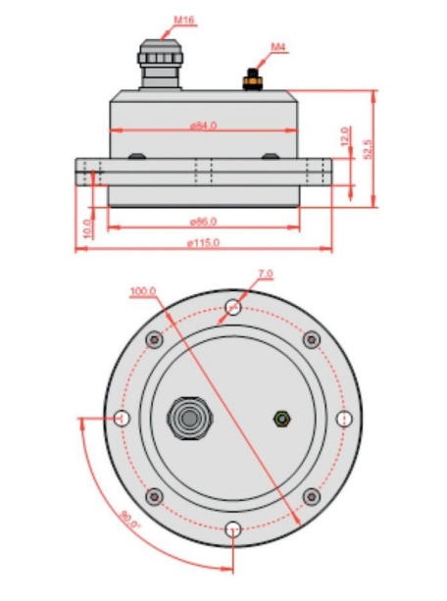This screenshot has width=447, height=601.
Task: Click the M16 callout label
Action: [x=184, y=20]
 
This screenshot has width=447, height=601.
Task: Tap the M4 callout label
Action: [x=278, y=47]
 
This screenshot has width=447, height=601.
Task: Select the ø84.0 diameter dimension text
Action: [x=204, y=125]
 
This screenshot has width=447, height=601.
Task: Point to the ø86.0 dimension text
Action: [x=204, y=222]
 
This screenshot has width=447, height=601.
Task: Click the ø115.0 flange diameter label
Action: [x=204, y=243]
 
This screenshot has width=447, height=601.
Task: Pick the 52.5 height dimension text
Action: [x=368, y=150]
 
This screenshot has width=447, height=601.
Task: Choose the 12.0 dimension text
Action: [x=345, y=136]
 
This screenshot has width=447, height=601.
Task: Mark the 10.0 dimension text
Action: [x=87, y=228]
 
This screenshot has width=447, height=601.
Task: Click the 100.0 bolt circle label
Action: [x=143, y=292]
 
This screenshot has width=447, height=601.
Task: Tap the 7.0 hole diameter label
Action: [x=266, y=274]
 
